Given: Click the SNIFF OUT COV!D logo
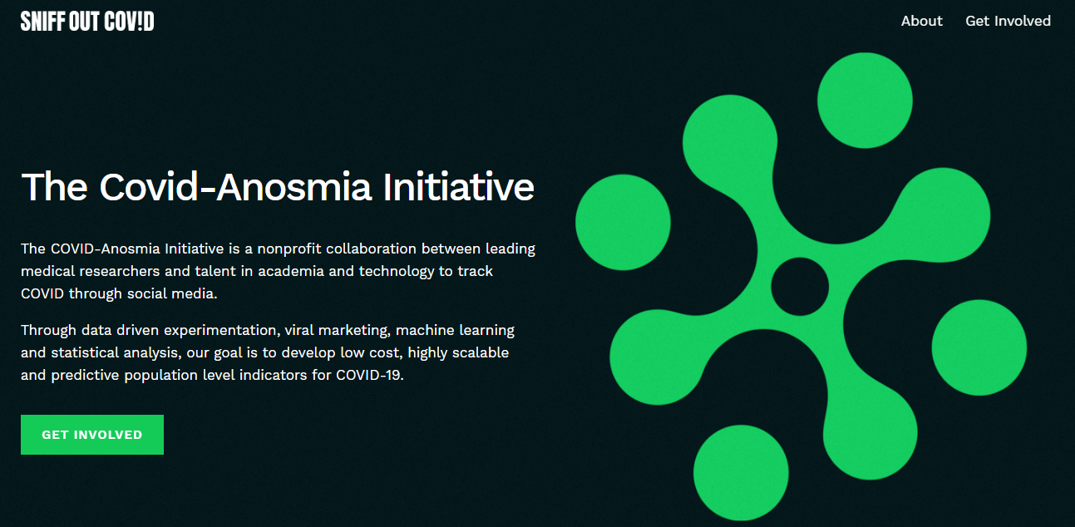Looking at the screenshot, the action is pyautogui.click(x=87, y=22).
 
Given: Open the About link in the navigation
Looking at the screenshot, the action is pyautogui.click(x=921, y=21).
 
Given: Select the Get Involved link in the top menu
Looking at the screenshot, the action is pyautogui.click(x=1008, y=21).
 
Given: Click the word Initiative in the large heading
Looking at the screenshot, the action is pyautogui.click(x=458, y=186).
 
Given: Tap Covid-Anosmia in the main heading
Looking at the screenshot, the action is pyautogui.click(x=235, y=186).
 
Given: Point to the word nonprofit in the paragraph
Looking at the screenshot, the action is pyautogui.click(x=288, y=249).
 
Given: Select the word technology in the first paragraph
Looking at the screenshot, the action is pyautogui.click(x=397, y=272).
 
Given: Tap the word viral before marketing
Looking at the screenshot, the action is pyautogui.click(x=298, y=330).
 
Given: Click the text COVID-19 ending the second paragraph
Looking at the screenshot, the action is pyautogui.click(x=369, y=375).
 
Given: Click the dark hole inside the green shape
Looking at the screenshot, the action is pyautogui.click(x=800, y=287).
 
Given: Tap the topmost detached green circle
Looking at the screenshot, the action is pyautogui.click(x=865, y=101).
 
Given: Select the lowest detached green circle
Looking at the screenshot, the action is pyautogui.click(x=741, y=473).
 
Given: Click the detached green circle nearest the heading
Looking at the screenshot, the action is pyautogui.click(x=623, y=222).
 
